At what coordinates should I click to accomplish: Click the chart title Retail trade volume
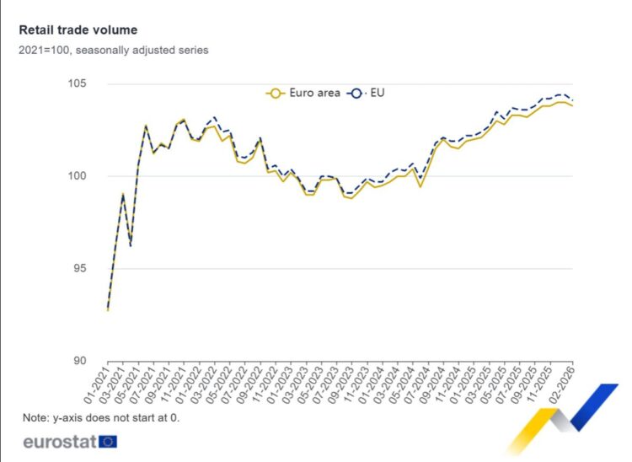coord(78,30)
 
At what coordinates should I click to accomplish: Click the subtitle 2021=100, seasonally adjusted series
coord(113,50)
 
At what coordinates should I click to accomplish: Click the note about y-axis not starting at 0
coord(101,417)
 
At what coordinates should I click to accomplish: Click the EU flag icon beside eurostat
coord(108,441)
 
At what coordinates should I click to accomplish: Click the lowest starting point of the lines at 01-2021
coord(108,309)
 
